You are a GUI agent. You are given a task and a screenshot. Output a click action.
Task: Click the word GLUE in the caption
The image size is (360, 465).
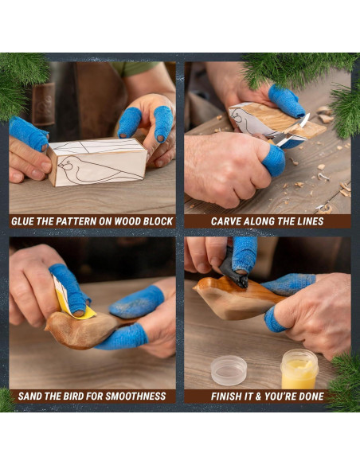coord(25,221)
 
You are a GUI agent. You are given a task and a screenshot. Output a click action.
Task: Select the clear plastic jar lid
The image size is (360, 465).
coord(229,370)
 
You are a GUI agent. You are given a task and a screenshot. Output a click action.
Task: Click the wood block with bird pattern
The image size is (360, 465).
coord(97,162)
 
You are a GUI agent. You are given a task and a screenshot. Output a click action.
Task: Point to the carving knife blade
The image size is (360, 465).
coord(302,121)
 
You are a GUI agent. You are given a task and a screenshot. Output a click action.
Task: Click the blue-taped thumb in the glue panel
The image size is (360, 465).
coord(28,133)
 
